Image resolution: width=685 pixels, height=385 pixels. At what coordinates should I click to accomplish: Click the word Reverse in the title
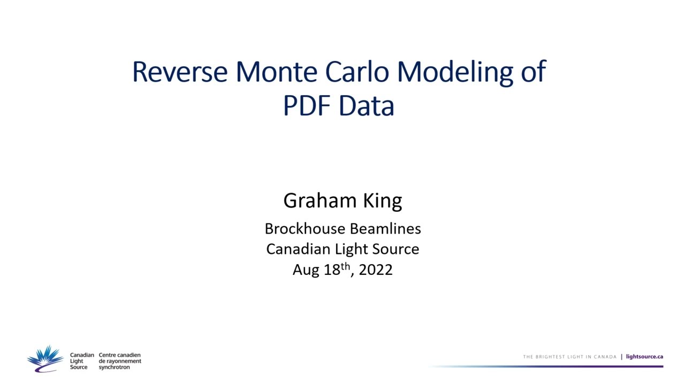(x=180, y=72)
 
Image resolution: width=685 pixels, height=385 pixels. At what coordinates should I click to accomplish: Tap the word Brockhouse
(x=305, y=229)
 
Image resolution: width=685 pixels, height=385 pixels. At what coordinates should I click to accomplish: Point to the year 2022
(x=376, y=269)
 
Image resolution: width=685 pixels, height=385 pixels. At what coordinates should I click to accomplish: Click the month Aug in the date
(x=306, y=270)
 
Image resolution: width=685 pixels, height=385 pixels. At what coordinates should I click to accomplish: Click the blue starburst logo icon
(x=46, y=358)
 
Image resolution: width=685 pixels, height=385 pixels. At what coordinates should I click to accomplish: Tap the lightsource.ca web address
(x=644, y=357)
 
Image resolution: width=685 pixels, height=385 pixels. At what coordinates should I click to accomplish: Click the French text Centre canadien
(x=119, y=355)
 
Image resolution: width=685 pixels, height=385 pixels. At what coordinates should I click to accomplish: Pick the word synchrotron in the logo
(x=114, y=367)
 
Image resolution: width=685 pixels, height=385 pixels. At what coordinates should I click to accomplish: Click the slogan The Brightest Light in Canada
(x=569, y=357)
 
